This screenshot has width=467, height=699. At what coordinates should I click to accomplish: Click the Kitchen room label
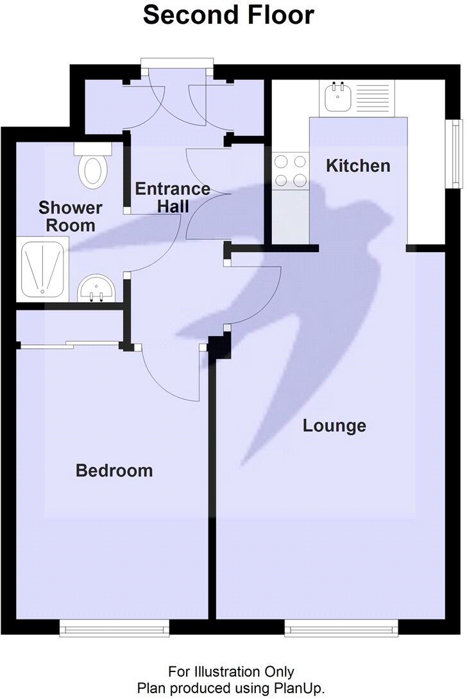[358, 165]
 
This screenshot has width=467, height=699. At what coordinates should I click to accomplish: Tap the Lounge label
[334, 425]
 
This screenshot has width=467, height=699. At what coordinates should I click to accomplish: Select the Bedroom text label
[114, 471]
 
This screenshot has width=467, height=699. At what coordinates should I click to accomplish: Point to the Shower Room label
[70, 216]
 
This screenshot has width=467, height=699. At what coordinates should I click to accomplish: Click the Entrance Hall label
[172, 198]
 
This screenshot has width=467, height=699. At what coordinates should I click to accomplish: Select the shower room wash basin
[96, 289]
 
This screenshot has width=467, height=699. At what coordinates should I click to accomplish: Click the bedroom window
[114, 628]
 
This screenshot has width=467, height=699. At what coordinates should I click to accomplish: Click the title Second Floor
[228, 15]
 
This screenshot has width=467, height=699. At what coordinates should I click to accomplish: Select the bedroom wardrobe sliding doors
[71, 346]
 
